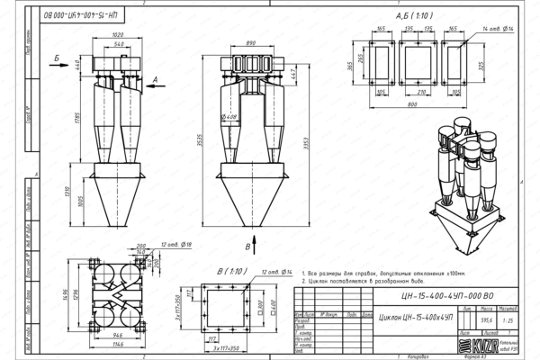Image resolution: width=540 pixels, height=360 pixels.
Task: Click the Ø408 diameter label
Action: (x=229, y=116)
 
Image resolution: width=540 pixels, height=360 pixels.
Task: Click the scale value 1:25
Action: (x=508, y=318)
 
